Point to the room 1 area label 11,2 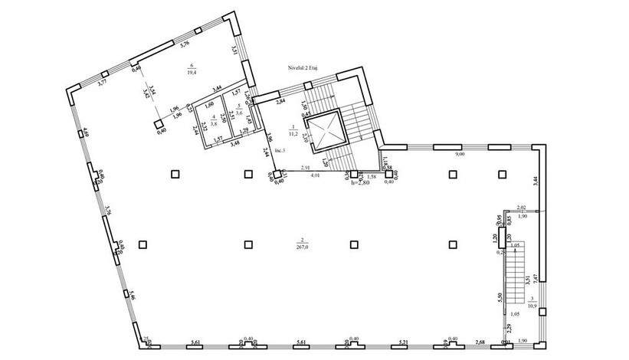[293, 131]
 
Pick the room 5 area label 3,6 [238, 113]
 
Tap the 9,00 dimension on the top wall [459, 155]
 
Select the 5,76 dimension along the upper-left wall [184, 45]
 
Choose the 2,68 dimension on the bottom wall [480, 342]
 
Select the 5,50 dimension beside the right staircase [499, 296]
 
